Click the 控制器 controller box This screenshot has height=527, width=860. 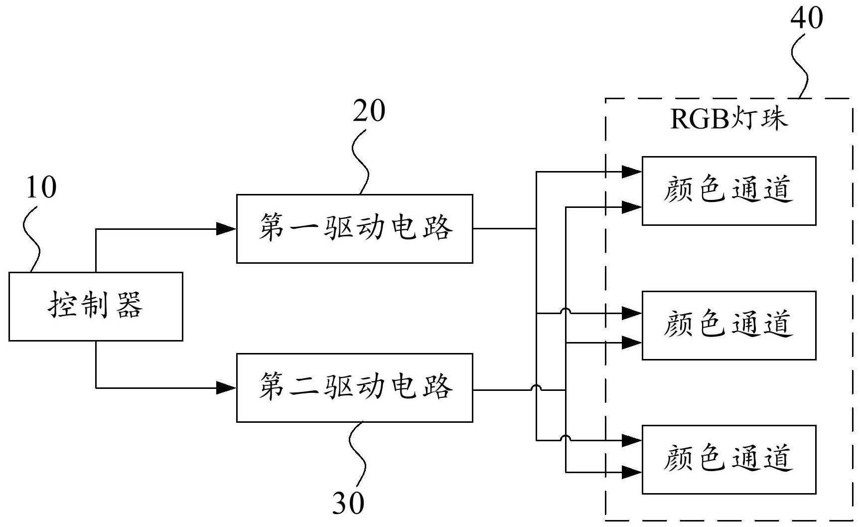coord(96,306)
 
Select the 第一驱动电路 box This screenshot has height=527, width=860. coord(354,228)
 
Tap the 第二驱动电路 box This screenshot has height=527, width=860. coord(354,387)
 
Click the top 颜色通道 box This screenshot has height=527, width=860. coord(728,190)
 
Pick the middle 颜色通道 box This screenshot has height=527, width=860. coord(728,325)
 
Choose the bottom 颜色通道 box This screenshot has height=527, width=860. coord(728,459)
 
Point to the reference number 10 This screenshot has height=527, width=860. coord(41,188)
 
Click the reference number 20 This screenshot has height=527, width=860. coord(369,111)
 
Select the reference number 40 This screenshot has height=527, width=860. coord(807,18)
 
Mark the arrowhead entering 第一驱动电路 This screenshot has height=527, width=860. coord(227,229)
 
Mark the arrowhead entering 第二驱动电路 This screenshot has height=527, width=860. coord(227,387)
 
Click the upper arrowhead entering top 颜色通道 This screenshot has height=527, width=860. coord(632,172)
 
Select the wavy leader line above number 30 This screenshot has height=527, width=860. coord(357,451)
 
